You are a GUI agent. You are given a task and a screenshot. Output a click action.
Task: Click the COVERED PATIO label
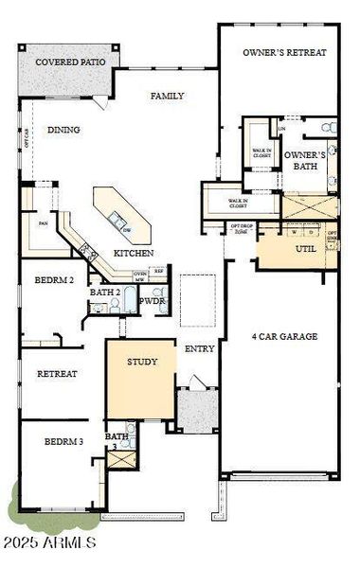[x=70, y=62]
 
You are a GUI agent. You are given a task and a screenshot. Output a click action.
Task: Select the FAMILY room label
[x=167, y=96]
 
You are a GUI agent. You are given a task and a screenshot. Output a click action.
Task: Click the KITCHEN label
[x=135, y=253]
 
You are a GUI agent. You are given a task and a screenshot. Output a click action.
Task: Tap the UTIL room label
[x=305, y=249]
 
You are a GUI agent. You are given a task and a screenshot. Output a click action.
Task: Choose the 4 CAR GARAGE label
[x=283, y=336]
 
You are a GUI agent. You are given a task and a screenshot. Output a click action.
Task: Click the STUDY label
[x=143, y=362]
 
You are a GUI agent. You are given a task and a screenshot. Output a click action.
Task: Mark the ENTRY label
[x=199, y=348]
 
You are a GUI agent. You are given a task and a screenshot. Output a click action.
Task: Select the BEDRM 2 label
[x=55, y=281]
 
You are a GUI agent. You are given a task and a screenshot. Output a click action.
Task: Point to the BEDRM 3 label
[x=64, y=442]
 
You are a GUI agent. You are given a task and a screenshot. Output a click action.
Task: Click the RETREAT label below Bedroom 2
[x=57, y=374]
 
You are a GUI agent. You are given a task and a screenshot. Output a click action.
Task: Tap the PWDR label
[x=153, y=301]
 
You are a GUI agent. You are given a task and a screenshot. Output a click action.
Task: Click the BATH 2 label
[x=104, y=293]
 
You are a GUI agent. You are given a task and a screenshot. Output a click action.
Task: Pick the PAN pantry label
[x=43, y=223]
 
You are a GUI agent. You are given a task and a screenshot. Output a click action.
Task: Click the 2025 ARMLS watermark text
[x=48, y=543]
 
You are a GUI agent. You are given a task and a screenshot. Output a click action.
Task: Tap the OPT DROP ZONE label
[x=242, y=228]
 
